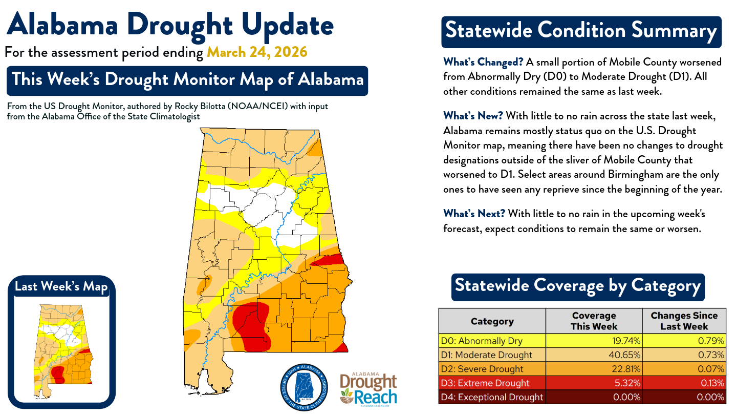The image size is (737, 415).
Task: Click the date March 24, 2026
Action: (x=257, y=52)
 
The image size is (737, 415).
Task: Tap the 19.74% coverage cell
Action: (x=594, y=341)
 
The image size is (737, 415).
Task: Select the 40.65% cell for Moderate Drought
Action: (x=594, y=355)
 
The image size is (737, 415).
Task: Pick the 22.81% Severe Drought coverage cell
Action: (x=594, y=369)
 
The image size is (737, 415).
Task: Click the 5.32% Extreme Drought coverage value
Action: (x=594, y=383)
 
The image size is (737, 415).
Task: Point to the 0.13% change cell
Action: (x=684, y=383)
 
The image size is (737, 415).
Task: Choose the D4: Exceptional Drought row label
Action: (x=492, y=397)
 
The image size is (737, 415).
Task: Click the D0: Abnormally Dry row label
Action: (x=492, y=341)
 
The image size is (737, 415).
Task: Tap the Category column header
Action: (x=492, y=321)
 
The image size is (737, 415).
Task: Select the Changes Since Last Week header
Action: (x=684, y=321)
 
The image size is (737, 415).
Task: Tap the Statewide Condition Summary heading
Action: (x=581, y=31)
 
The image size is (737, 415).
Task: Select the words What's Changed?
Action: (x=483, y=63)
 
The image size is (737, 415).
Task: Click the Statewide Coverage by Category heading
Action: (x=577, y=286)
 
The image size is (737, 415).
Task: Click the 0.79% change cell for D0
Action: (x=684, y=341)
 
